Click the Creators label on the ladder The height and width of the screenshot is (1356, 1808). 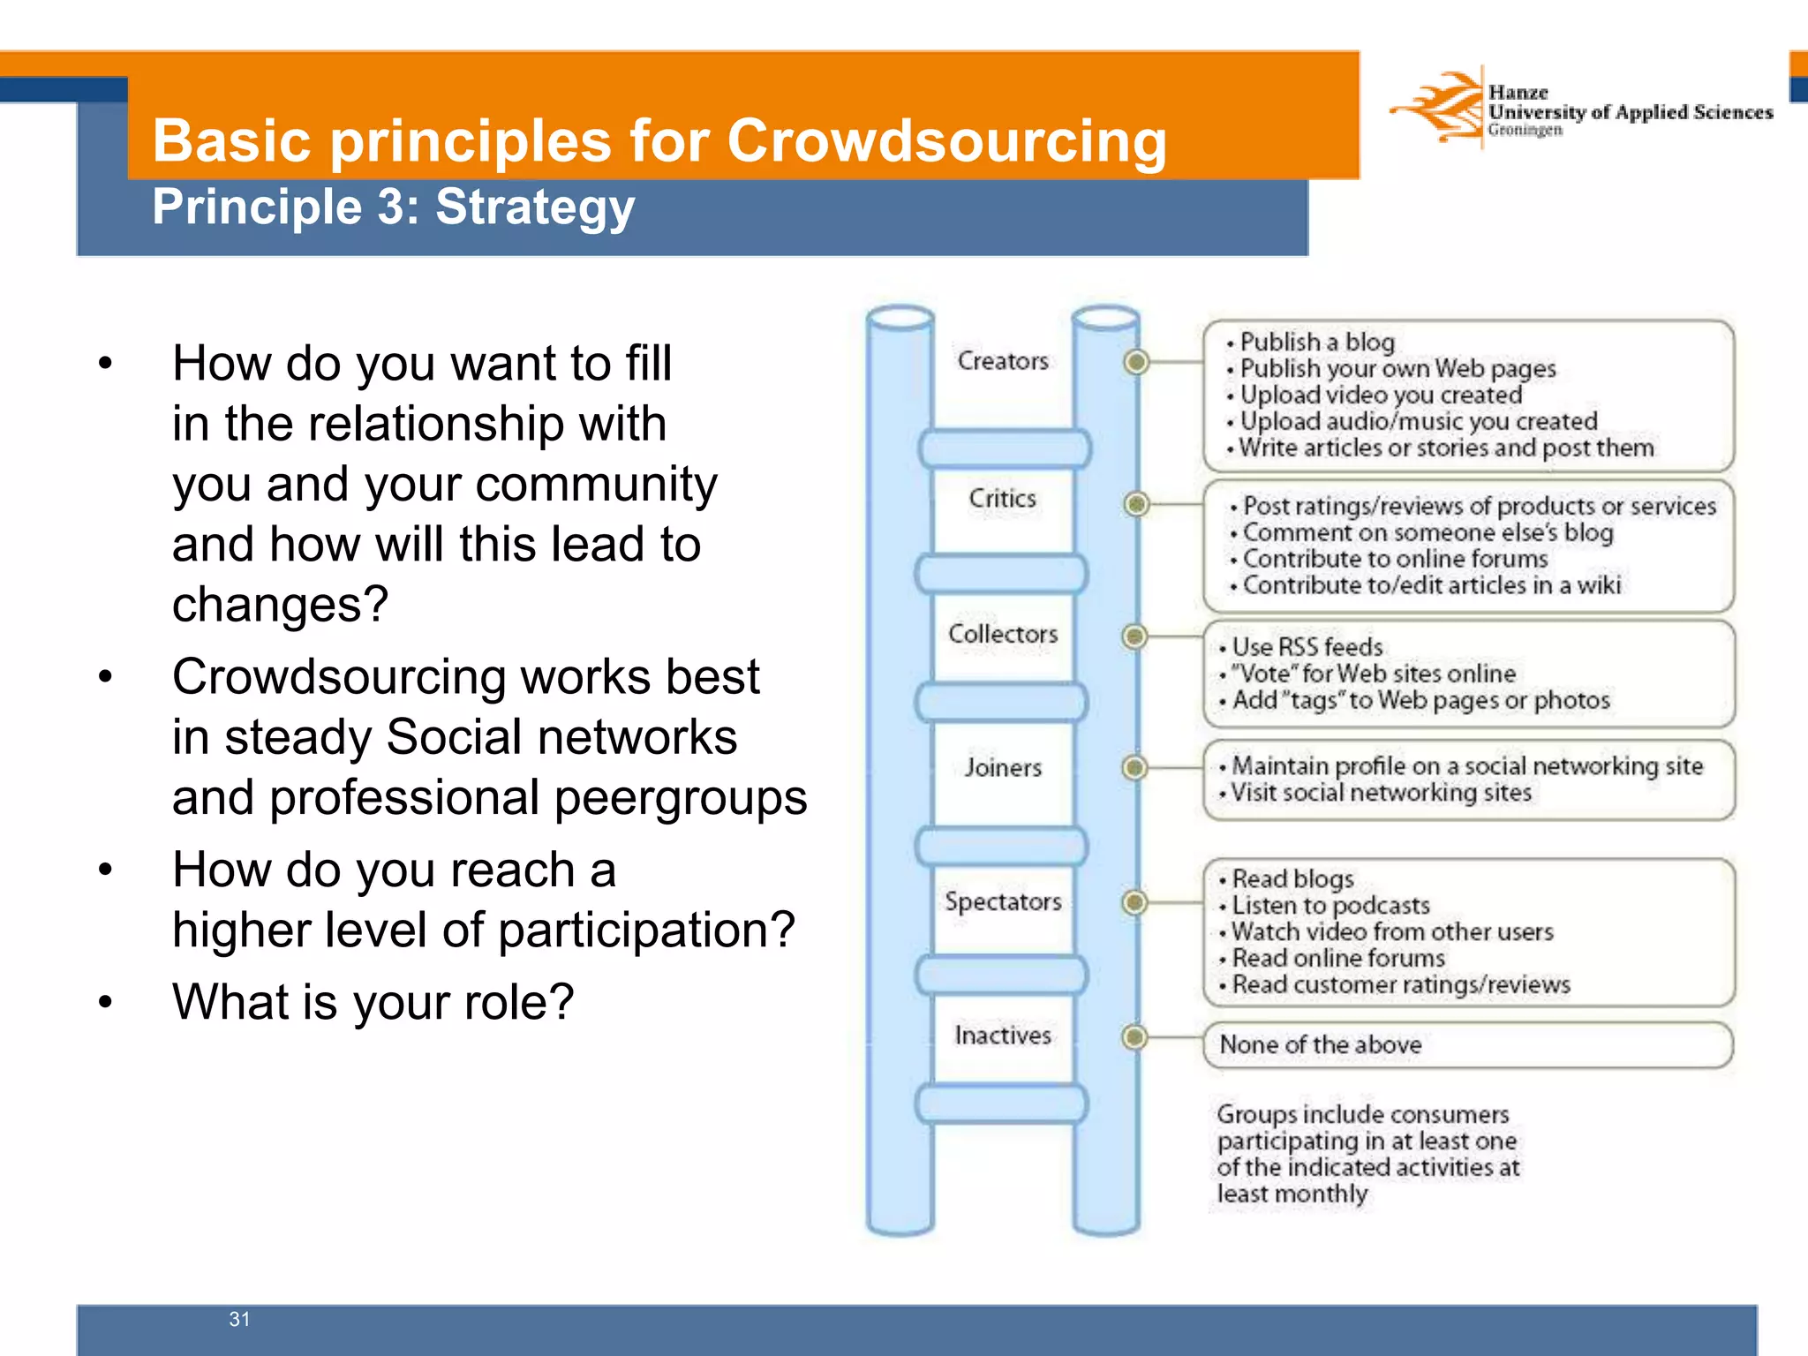click(1003, 361)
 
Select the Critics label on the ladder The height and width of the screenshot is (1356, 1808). click(1002, 498)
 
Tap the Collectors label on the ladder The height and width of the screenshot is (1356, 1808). click(1003, 634)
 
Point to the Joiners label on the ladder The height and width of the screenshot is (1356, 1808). click(1003, 767)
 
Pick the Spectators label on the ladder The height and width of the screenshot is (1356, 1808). click(1003, 901)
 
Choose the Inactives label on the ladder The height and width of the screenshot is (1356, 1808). click(1003, 1035)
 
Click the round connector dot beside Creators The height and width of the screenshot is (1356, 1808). click(1137, 361)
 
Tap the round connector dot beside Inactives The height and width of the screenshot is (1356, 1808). click(1135, 1036)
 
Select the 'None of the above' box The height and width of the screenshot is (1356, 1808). click(1467, 1045)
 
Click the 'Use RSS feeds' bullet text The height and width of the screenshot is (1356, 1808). click(1307, 647)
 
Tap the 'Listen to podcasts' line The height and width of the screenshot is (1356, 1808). click(1330, 906)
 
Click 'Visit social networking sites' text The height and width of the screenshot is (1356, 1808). click(1381, 793)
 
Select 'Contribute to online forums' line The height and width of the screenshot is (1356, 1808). click(1395, 559)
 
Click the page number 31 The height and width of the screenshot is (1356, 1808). click(239, 1319)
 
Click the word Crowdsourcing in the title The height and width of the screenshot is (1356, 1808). click(946, 141)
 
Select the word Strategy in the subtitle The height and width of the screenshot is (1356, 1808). click(535, 207)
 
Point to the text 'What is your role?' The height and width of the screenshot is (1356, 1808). click(373, 1002)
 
